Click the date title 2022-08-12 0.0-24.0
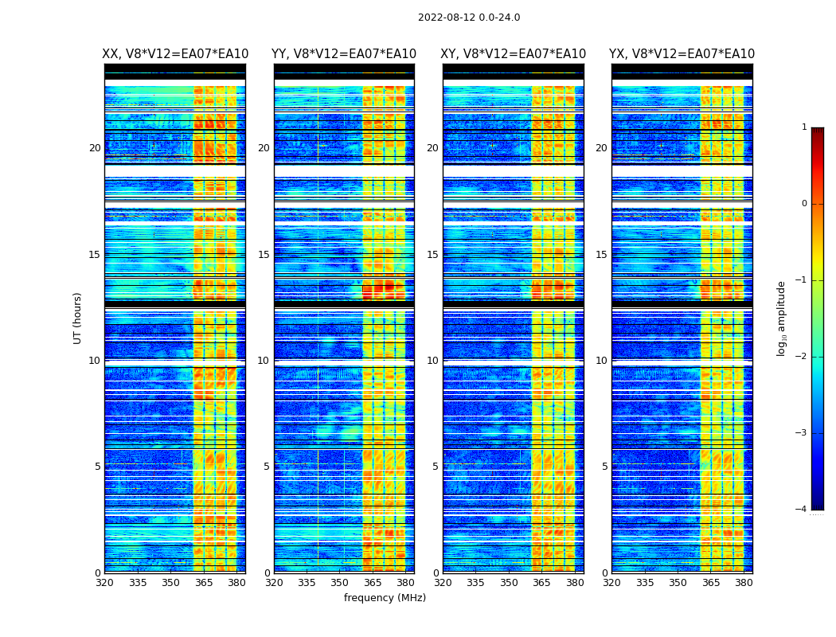[x=469, y=18]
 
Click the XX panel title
[x=175, y=54]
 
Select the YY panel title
[x=344, y=54]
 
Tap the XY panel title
[x=514, y=54]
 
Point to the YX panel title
[x=682, y=54]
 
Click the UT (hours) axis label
[x=78, y=318]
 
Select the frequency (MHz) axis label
[x=385, y=598]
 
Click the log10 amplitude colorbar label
[x=782, y=318]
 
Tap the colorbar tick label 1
[x=804, y=127]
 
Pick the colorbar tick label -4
[x=802, y=510]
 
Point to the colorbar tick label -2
[x=802, y=357]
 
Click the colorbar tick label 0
[x=804, y=204]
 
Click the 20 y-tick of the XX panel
[x=95, y=148]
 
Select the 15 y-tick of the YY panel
[x=264, y=255]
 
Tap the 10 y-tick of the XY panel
[x=432, y=361]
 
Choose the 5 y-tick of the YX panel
[x=604, y=467]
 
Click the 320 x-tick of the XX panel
[x=104, y=583]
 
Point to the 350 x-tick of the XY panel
[x=509, y=583]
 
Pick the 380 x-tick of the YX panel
[x=744, y=583]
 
